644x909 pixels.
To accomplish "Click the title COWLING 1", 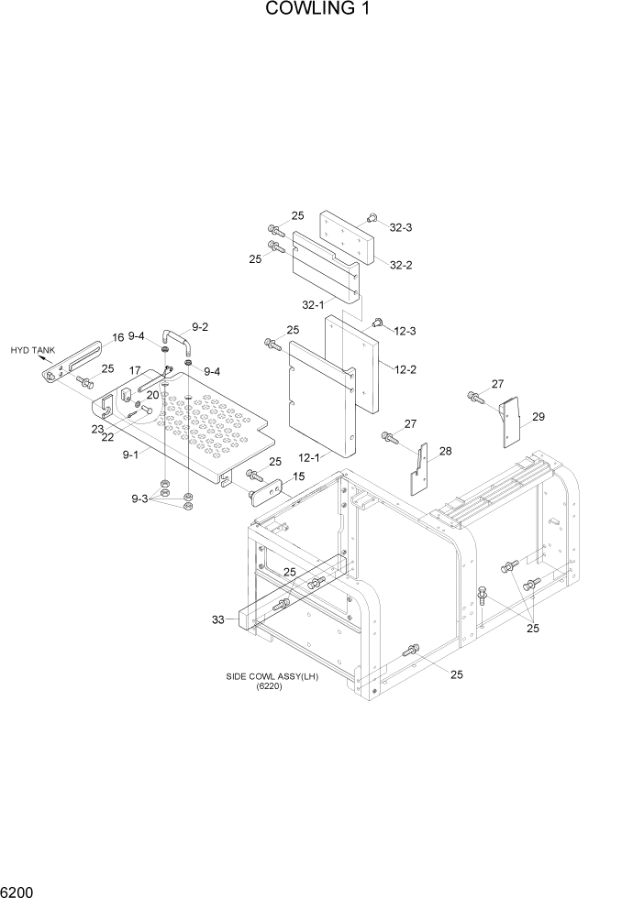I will click(x=320, y=10).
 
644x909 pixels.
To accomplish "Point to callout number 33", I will click(x=218, y=619).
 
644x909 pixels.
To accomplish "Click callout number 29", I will click(x=538, y=417).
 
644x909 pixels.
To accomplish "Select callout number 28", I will click(x=445, y=451).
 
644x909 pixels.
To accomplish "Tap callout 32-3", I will click(x=401, y=226).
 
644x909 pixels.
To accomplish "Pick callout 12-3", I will click(x=405, y=331).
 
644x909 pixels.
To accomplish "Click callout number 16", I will click(x=118, y=338).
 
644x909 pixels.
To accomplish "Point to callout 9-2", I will click(x=199, y=327).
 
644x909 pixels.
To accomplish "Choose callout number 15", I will click(x=297, y=476).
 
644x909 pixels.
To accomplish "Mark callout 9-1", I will click(x=130, y=454).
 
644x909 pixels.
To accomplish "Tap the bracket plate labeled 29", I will click(x=511, y=422).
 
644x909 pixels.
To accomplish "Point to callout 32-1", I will click(x=313, y=305).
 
